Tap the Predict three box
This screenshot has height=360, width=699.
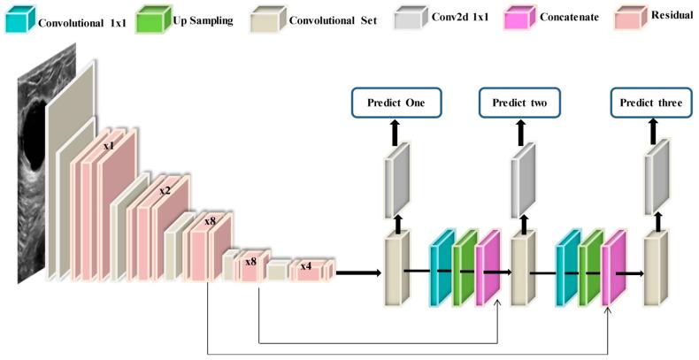[x=651, y=103]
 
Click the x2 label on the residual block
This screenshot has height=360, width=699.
[x=165, y=189]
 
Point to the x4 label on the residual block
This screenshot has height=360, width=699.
[x=305, y=265]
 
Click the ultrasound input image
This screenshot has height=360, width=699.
[x=33, y=177]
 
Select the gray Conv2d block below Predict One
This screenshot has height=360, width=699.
[x=396, y=182]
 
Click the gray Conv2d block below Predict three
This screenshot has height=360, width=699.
[x=657, y=182]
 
